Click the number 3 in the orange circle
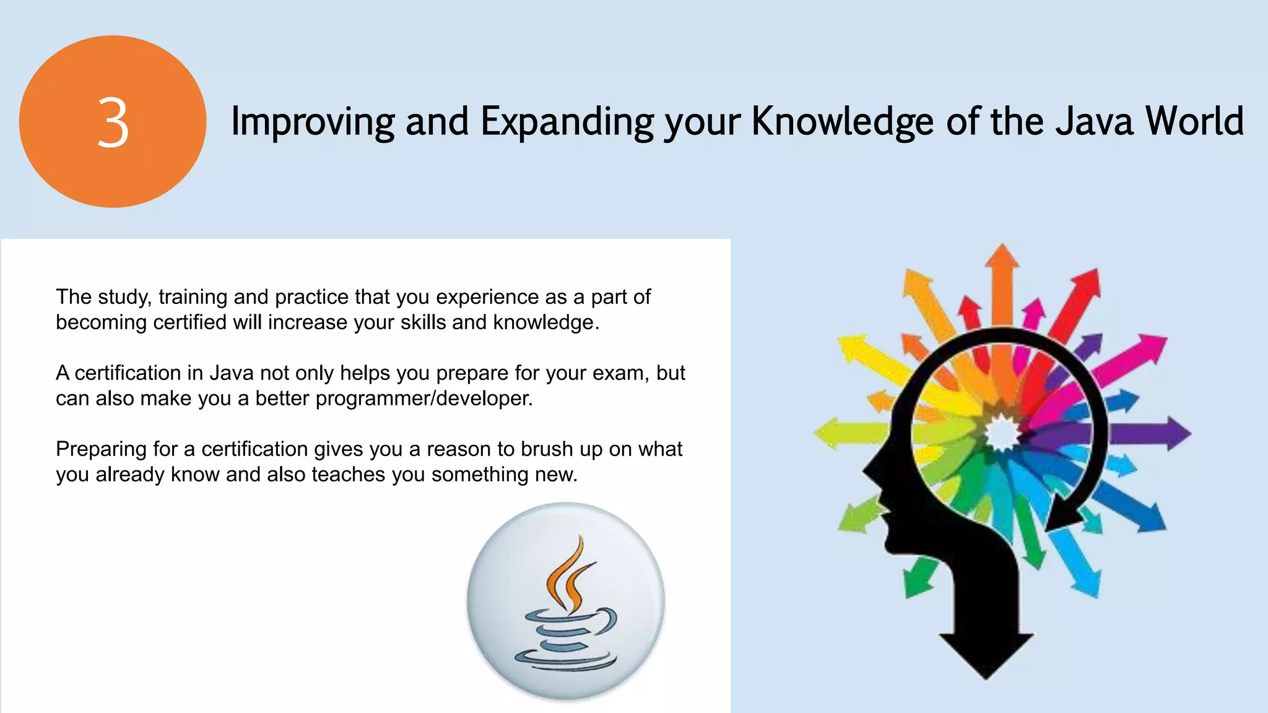coord(113,123)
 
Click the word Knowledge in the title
coord(843,121)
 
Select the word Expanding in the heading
coord(567,121)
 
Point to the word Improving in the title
coord(312,121)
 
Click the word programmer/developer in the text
coord(423,399)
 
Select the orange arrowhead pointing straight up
coord(1002,257)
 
